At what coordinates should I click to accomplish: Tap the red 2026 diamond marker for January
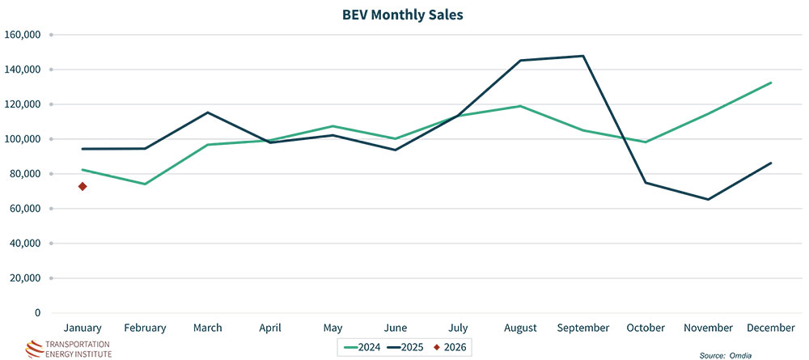coord(83,187)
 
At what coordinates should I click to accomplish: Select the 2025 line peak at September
coord(583,56)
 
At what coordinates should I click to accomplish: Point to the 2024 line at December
coord(770,83)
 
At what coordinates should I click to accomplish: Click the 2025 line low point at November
coord(709,199)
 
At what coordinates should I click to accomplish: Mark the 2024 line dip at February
coord(145,184)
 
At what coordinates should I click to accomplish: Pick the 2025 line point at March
coord(208,112)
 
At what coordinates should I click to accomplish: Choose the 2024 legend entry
coord(362,348)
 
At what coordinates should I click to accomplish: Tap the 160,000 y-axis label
coord(23,35)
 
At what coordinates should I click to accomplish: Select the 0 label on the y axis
coord(37,312)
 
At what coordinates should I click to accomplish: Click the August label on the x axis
coord(520,328)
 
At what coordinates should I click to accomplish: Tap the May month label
coord(332,328)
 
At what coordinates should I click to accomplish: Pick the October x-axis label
coord(646,328)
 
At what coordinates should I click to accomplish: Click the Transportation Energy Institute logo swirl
coord(36,348)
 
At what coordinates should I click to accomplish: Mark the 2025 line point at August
coord(520,61)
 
